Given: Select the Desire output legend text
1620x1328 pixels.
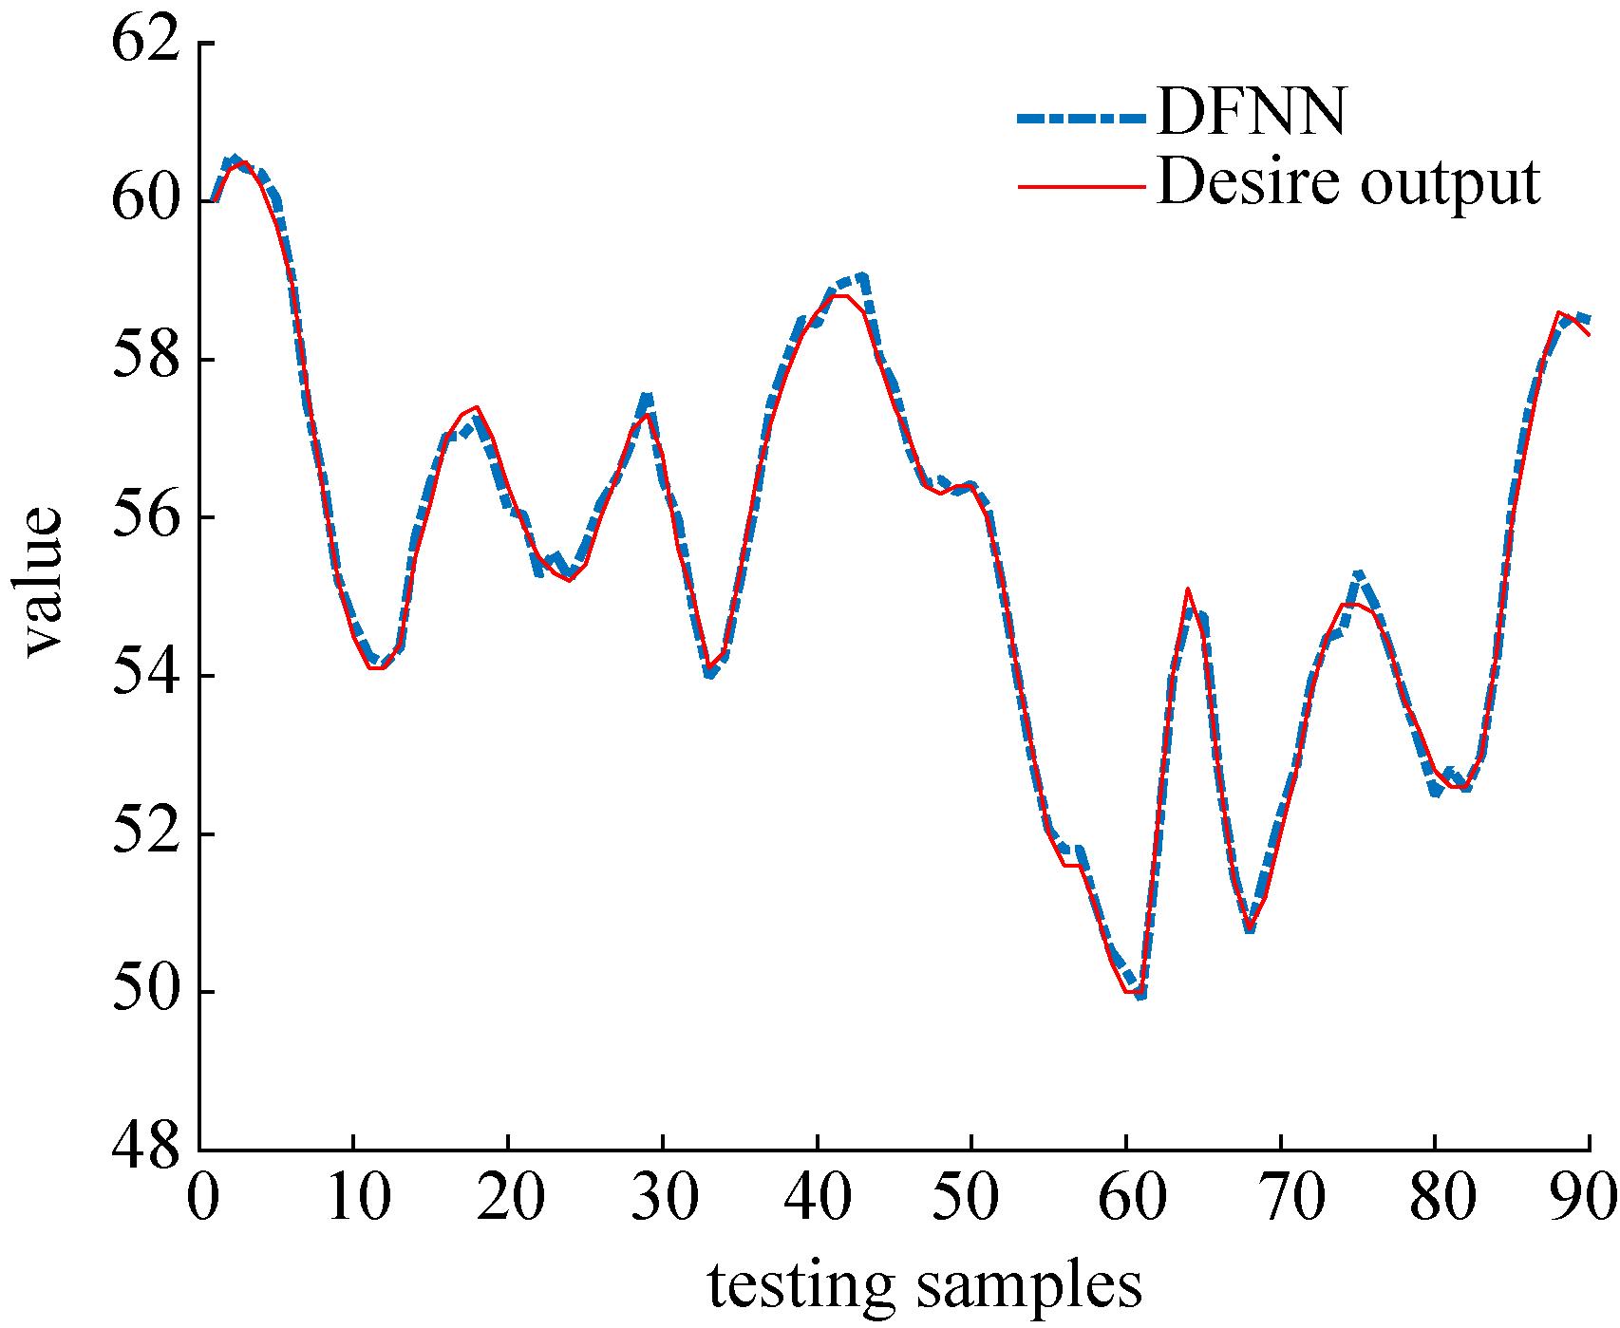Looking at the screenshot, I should coord(1348,182).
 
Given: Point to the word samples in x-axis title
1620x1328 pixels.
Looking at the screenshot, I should coord(1030,1286).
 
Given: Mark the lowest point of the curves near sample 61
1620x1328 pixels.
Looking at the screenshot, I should coord(1140,994).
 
